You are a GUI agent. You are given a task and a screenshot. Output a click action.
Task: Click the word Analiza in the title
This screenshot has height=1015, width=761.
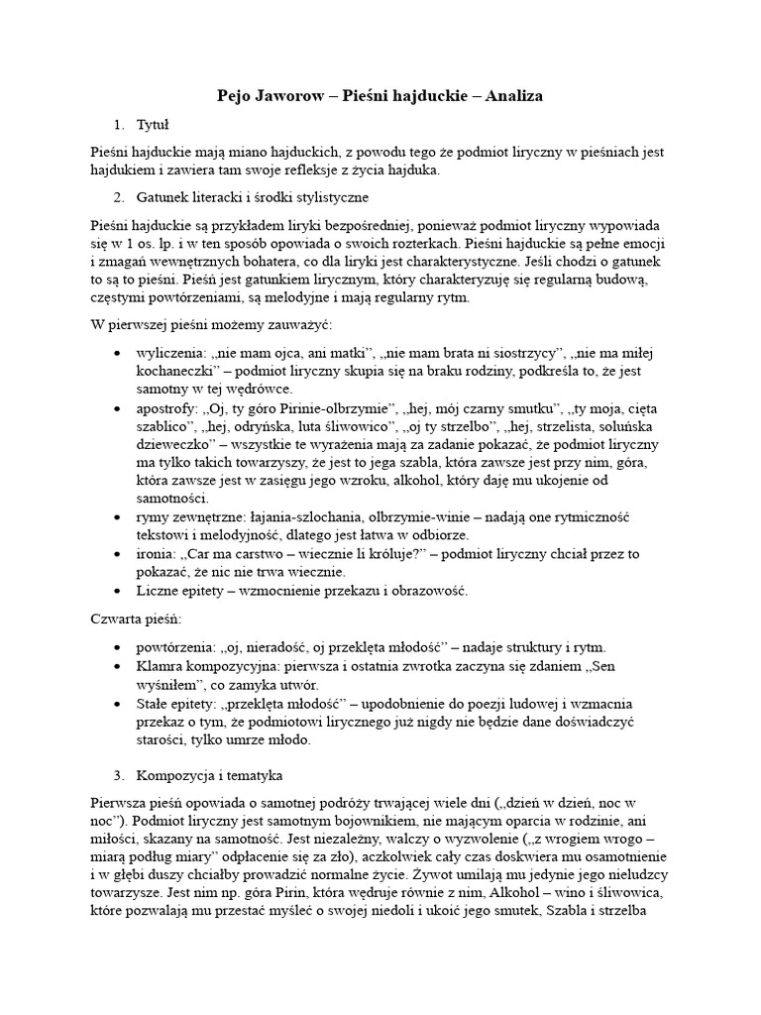508,96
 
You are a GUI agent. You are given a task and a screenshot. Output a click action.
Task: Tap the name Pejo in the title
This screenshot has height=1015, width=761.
237,96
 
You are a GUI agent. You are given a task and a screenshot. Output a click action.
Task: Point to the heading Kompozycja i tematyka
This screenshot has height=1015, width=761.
211,773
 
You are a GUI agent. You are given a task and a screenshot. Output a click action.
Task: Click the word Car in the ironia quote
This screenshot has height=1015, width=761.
211,554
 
